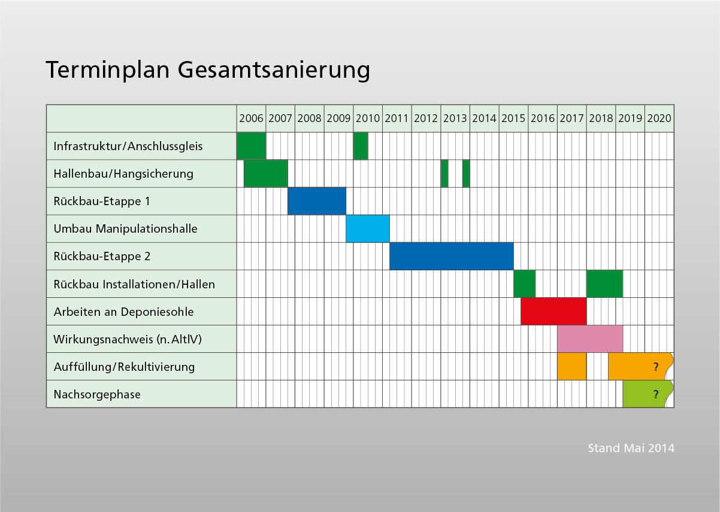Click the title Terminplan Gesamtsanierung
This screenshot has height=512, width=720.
pyautogui.click(x=207, y=69)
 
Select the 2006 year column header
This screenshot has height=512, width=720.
pyautogui.click(x=251, y=118)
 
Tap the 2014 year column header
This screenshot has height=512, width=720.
pyautogui.click(x=484, y=118)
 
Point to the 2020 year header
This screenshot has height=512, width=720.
pyautogui.click(x=659, y=118)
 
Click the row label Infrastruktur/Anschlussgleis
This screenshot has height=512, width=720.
pyautogui.click(x=128, y=146)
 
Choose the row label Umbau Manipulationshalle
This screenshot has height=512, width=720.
pyautogui.click(x=125, y=228)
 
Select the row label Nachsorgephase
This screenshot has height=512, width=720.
pyautogui.click(x=97, y=395)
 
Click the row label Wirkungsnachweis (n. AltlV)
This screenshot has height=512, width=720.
pyautogui.click(x=128, y=340)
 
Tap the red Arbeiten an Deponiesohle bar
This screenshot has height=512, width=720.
pyautogui.click(x=553, y=311)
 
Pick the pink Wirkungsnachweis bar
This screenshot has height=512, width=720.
pyautogui.click(x=590, y=339)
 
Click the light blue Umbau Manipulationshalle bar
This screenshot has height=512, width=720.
pyautogui.click(x=368, y=228)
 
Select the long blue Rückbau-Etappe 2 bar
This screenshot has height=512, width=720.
pyautogui.click(x=452, y=256)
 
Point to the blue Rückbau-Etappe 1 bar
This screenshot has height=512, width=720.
pyautogui.click(x=317, y=201)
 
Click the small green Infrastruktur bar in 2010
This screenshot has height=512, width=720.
pyautogui.click(x=361, y=146)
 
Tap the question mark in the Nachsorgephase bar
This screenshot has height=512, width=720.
pyautogui.click(x=656, y=395)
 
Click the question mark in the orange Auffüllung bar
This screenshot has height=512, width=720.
pyautogui.click(x=656, y=367)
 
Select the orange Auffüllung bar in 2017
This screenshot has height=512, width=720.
pyautogui.click(x=571, y=366)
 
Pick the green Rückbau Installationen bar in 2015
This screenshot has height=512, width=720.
pyautogui.click(x=524, y=284)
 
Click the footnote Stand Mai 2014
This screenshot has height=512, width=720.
pyautogui.click(x=631, y=448)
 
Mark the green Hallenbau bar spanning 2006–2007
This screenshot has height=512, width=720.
pyautogui.click(x=265, y=173)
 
